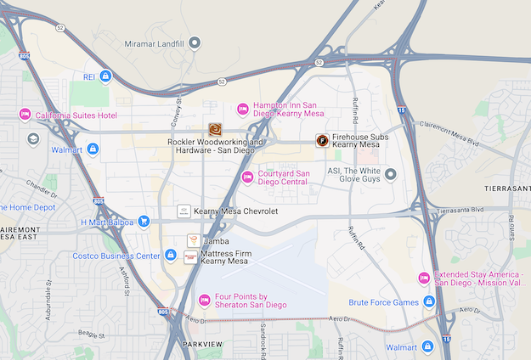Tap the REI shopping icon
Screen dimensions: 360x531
(x=105, y=76)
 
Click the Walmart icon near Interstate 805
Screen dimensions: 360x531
(x=93, y=149)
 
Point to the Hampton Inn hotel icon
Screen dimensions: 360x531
(x=242, y=108)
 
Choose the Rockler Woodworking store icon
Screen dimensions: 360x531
(x=215, y=129)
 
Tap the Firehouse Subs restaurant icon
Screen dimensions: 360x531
(x=321, y=141)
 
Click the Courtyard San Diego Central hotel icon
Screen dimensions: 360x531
(x=247, y=177)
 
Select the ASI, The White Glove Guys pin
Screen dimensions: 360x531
(x=391, y=175)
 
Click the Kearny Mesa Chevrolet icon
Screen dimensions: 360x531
(x=184, y=211)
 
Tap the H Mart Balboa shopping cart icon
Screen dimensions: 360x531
(x=144, y=222)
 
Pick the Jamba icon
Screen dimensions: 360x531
(x=193, y=241)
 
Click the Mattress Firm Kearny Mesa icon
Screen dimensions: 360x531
(x=190, y=256)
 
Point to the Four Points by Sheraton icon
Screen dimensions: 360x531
(x=204, y=300)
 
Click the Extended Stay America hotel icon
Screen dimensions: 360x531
(x=423, y=279)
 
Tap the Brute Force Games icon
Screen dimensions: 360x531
(x=429, y=301)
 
